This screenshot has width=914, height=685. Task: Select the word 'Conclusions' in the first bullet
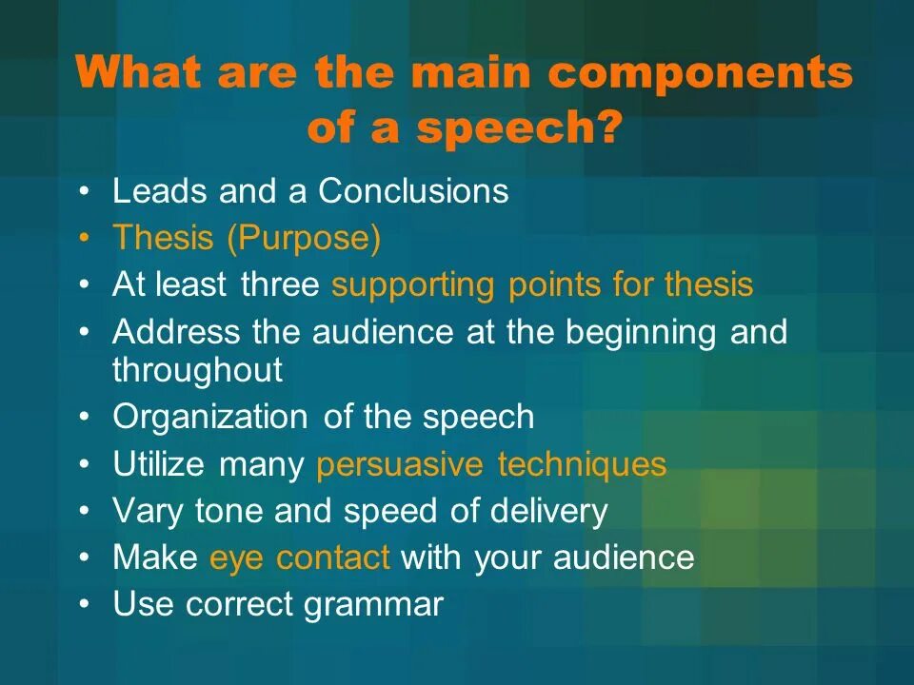pyautogui.click(x=413, y=191)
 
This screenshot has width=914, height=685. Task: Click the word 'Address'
pyautogui.click(x=177, y=333)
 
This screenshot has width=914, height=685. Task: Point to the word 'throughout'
pyautogui.click(x=198, y=370)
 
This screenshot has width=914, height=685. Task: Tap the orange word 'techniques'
pyautogui.click(x=582, y=465)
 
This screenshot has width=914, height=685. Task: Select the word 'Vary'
pyautogui.click(x=149, y=512)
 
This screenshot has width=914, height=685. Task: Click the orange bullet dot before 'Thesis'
pyautogui.click(x=86, y=239)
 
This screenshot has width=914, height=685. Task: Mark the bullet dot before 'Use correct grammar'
pyautogui.click(x=86, y=605)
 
